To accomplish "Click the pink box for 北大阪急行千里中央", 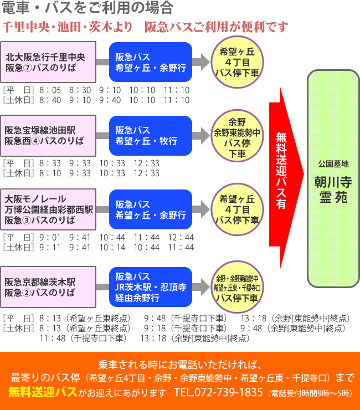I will click(48, 62).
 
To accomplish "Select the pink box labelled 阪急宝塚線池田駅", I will click(48, 135).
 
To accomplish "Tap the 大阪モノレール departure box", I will click(48, 211).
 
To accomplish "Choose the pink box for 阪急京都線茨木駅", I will click(48, 286).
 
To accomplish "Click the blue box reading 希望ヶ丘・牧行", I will click(150, 135).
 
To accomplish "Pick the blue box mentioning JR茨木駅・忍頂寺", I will click(150, 286).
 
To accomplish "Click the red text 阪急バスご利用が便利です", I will click(217, 27).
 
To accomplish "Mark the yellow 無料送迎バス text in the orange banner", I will click(42, 393).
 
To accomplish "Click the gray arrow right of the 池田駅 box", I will click(102, 135).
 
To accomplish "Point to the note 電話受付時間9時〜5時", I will click(310, 393).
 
